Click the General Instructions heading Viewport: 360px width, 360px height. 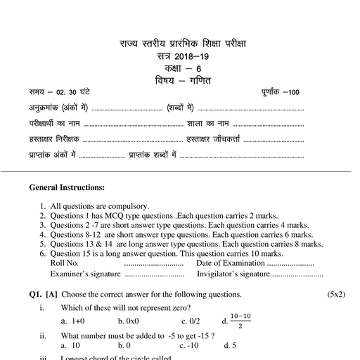tap(67, 188)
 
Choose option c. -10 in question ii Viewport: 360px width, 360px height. tap(191, 345)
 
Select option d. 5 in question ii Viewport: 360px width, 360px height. tap(229, 345)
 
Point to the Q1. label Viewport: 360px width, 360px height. tap(37, 294)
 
